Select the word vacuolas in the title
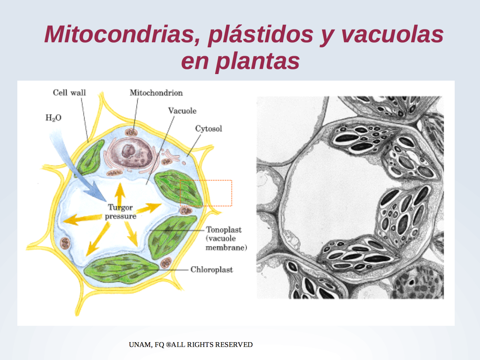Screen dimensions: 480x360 392,34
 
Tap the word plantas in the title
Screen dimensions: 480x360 257,61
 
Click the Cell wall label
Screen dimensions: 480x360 69,92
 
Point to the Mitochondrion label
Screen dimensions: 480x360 156,93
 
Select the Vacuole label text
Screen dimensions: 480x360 182,111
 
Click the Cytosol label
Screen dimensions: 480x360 209,128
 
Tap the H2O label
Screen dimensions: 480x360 53,118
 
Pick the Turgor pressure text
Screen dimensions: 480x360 120,211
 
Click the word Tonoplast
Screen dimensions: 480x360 224,230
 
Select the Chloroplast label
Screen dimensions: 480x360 211,270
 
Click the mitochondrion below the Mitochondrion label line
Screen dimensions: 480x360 131,132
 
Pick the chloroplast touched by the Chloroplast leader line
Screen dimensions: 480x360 122,268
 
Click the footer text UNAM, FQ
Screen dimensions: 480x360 146,345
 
